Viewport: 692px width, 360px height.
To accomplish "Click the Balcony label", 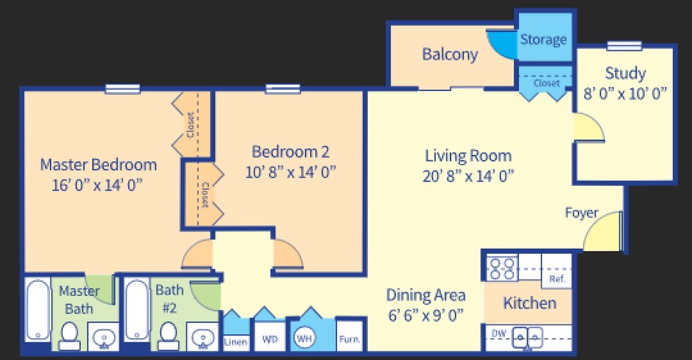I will (450, 54).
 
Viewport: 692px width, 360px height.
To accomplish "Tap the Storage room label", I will (543, 39).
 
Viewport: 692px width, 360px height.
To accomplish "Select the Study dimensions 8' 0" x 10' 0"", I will (625, 92).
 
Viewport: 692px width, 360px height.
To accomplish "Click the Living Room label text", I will (468, 155).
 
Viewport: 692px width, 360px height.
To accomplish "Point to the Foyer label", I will (581, 213).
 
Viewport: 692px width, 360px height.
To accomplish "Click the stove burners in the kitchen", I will (501, 269).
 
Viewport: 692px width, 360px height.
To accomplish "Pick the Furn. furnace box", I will (350, 340).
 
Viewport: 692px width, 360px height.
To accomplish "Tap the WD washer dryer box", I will (270, 340).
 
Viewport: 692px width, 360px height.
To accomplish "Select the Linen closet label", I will (236, 342).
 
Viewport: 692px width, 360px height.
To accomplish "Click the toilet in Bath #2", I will (169, 335).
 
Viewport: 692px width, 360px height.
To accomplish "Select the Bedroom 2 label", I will (290, 151).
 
